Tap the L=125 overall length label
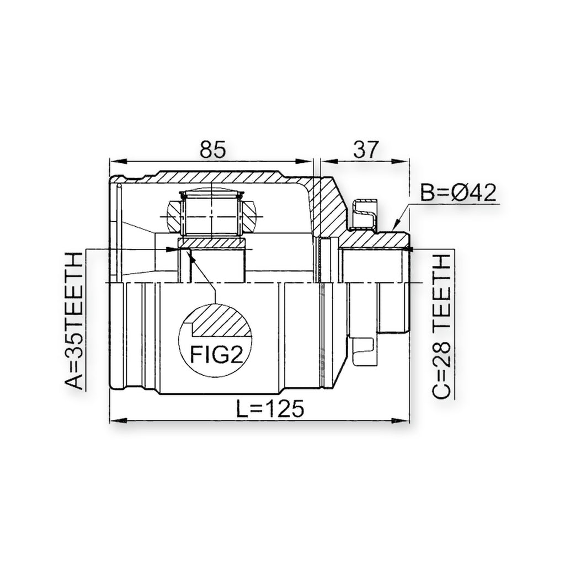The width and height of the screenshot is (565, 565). coord(270,408)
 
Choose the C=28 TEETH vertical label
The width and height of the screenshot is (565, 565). coord(442,326)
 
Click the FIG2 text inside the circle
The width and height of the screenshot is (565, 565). coord(216,355)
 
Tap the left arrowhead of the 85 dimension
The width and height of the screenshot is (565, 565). coord(118,162)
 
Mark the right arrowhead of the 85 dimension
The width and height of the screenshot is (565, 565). coord(305,162)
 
